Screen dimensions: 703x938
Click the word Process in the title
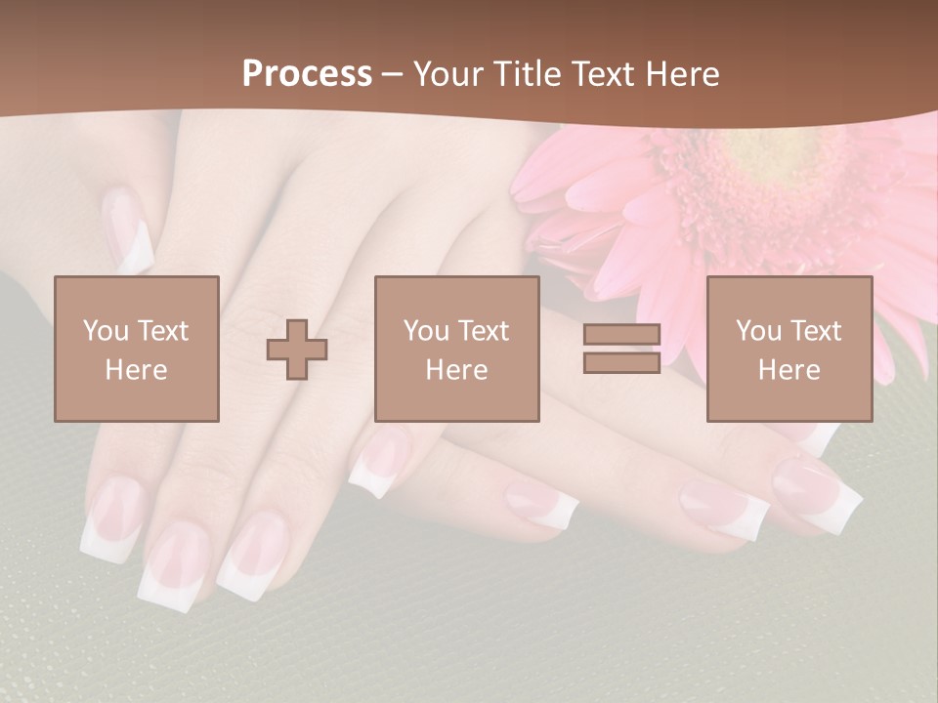click(307, 74)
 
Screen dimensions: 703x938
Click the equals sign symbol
click(621, 349)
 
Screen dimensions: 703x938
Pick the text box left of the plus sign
click(137, 349)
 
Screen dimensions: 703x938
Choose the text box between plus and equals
click(457, 349)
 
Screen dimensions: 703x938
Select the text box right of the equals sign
click(789, 349)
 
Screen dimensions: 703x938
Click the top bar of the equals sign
click(621, 335)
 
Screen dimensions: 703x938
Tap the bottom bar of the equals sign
click(621, 362)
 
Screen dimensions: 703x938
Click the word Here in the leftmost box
click(137, 370)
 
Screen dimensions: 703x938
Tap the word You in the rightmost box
click(758, 331)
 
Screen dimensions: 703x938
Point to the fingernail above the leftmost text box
click(128, 230)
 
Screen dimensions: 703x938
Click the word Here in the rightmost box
click(789, 370)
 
